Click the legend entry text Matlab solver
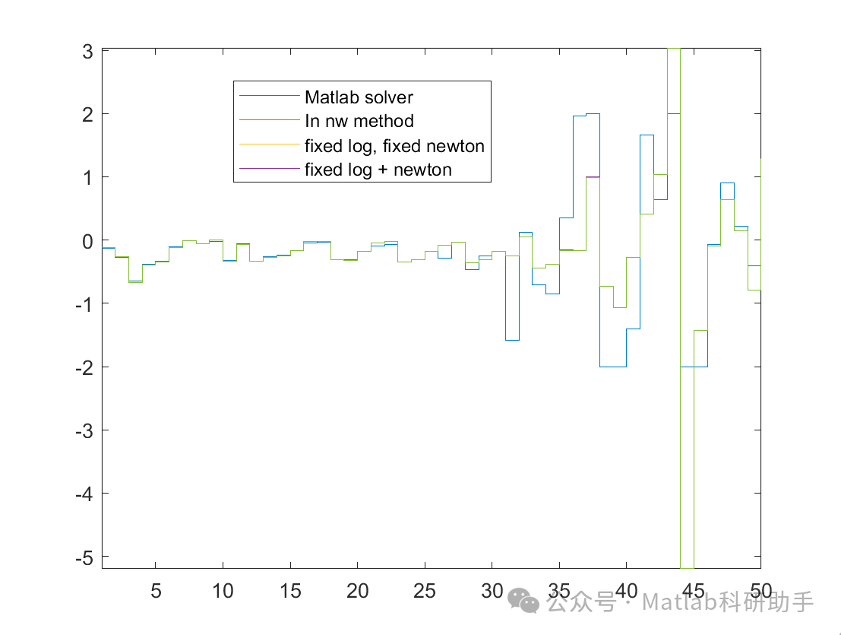pyautogui.click(x=359, y=97)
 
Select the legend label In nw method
pyautogui.click(x=359, y=121)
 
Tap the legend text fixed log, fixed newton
pyautogui.click(x=394, y=145)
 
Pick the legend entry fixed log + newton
pyautogui.click(x=378, y=170)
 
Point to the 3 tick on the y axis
pyautogui.click(x=87, y=51)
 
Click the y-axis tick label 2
pyautogui.click(x=87, y=114)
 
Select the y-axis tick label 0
pyautogui.click(x=87, y=240)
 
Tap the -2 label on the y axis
pyautogui.click(x=84, y=367)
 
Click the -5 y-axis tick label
pyautogui.click(x=84, y=557)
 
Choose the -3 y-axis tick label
pyautogui.click(x=84, y=430)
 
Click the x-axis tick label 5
pyautogui.click(x=156, y=591)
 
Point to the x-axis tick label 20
pyautogui.click(x=357, y=591)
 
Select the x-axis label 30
pyautogui.click(x=492, y=591)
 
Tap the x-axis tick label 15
pyautogui.click(x=290, y=591)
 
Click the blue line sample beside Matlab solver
pyautogui.click(x=268, y=97)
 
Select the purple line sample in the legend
pyautogui.click(x=268, y=169)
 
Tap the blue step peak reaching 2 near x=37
pyautogui.click(x=593, y=114)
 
